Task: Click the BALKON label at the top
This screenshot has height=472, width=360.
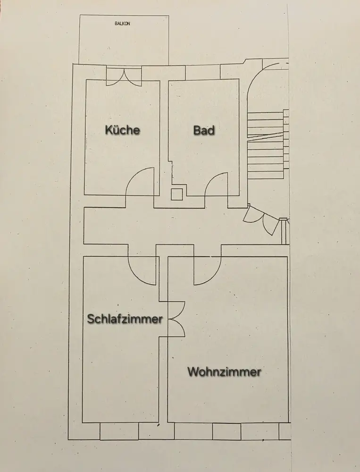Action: click(122, 23)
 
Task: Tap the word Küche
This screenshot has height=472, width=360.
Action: click(123, 130)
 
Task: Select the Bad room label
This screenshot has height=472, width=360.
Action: click(204, 130)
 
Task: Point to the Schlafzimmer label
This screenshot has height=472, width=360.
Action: click(125, 319)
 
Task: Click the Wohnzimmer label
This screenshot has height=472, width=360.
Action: click(225, 372)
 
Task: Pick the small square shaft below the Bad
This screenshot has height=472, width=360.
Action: click(176, 194)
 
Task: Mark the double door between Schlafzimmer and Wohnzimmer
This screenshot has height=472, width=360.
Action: click(176, 319)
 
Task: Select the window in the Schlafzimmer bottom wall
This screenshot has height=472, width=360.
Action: click(119, 431)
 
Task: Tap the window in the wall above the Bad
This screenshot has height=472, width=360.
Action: click(202, 72)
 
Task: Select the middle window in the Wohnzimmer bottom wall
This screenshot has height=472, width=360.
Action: click(226, 431)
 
